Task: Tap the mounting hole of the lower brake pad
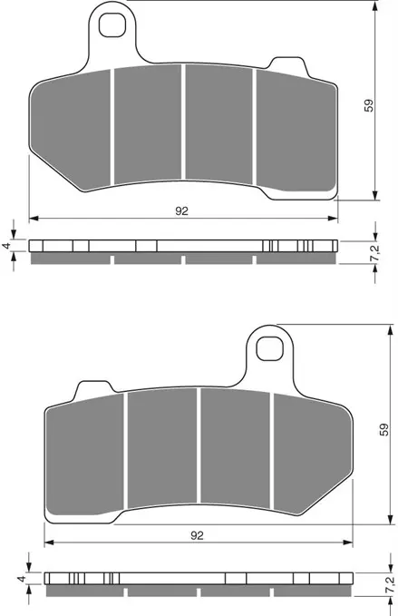(268, 347)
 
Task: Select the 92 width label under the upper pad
(182, 210)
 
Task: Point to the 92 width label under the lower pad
(197, 535)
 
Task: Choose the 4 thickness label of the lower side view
(20, 577)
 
